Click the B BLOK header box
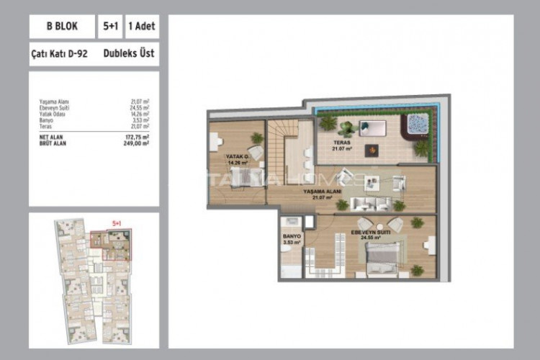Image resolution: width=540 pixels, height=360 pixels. pyautogui.click(x=60, y=27)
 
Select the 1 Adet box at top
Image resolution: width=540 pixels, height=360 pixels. pyautogui.click(x=142, y=27)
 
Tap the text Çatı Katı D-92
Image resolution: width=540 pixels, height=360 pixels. pyautogui.click(x=60, y=53)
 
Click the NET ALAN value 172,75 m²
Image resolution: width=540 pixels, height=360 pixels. pyautogui.click(x=135, y=137)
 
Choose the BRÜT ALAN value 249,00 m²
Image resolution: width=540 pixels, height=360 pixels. pyautogui.click(x=135, y=143)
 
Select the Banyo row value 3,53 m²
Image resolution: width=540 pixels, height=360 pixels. pyautogui.click(x=140, y=120)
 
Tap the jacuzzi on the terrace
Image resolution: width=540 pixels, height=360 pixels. pyautogui.click(x=415, y=124)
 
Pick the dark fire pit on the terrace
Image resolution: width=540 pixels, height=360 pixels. pyautogui.click(x=372, y=150)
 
